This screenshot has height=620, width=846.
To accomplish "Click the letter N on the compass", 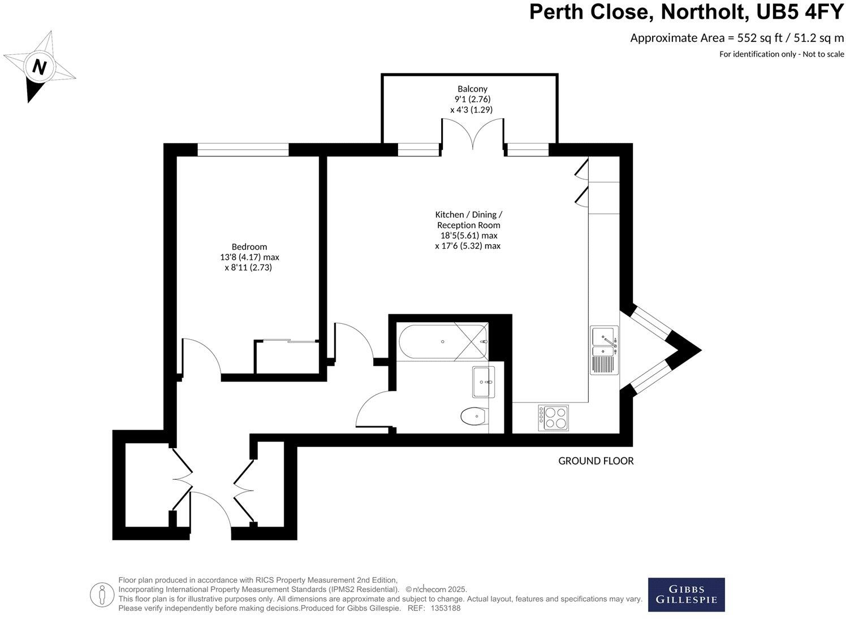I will click(x=38, y=67).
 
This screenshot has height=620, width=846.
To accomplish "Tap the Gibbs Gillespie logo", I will click(x=686, y=595).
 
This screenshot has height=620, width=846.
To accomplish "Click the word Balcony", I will click(x=472, y=89).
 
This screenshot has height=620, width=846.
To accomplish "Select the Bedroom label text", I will click(x=249, y=246).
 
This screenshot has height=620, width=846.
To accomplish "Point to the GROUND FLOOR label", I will click(x=595, y=461).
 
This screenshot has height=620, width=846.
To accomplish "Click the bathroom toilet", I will click(x=473, y=417).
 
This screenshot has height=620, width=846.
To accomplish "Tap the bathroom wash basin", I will click(x=483, y=383).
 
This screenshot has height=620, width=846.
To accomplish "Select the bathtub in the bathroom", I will click(x=442, y=341).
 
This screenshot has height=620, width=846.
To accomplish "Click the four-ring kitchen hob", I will click(x=553, y=418).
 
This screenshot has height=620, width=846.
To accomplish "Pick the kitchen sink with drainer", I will click(x=605, y=350).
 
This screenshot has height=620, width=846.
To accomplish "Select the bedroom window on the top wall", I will click(x=243, y=150).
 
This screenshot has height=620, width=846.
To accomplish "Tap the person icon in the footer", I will click(x=101, y=594).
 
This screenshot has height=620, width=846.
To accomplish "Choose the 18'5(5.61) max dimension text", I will click(x=468, y=236).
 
